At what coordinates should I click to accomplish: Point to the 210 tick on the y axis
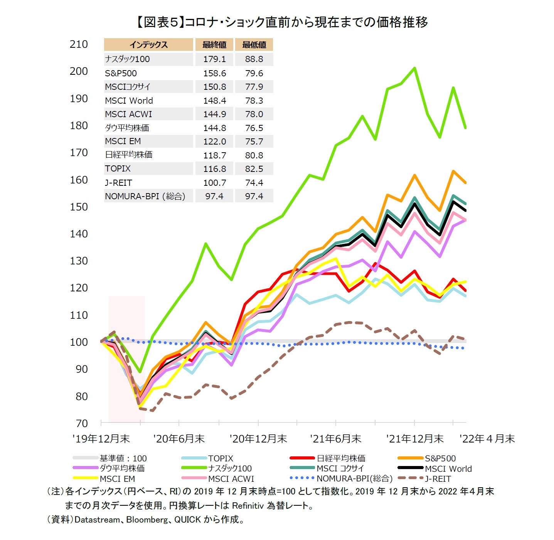coord(79,44)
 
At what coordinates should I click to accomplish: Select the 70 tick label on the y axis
coord(81,423)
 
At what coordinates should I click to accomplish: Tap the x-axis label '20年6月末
coord(179,439)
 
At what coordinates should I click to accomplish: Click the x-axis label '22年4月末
coord(487,439)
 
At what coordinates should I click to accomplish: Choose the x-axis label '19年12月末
coord(101,439)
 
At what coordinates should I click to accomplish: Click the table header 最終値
coord(214,45)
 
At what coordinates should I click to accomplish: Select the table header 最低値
coord(254,45)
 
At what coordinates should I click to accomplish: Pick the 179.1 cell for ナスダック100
coord(214,59)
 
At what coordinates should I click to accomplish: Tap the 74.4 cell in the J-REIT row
coord(254,183)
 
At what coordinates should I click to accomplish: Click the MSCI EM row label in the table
coord(123,141)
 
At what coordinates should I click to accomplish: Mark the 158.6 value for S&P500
coord(214,73)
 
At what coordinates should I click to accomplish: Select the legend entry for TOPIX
coord(221,458)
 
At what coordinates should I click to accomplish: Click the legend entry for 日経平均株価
coord(341,458)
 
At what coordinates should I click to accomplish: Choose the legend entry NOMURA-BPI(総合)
coord(354,479)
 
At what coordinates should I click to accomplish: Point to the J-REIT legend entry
coord(438,479)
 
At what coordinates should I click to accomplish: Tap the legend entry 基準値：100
coord(123,458)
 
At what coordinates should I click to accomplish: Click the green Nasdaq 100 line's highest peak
coord(414,68)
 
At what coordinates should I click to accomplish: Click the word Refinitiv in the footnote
coord(248,505)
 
